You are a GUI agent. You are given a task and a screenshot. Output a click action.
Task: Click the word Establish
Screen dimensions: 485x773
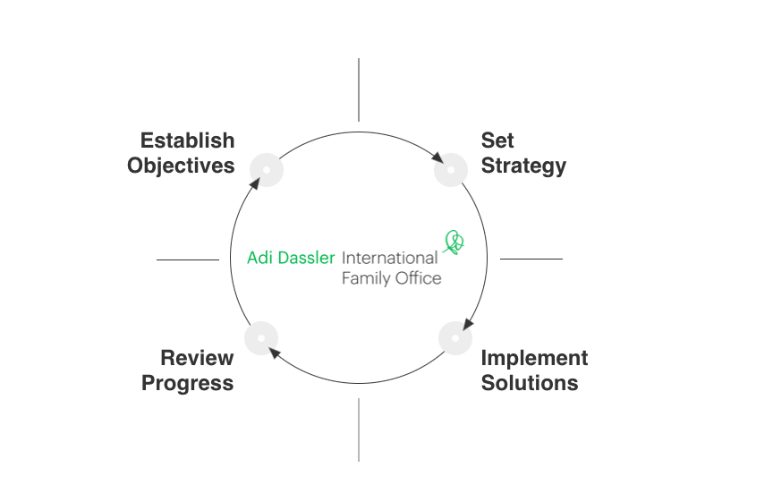(x=187, y=140)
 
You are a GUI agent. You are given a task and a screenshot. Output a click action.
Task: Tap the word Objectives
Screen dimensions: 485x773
(x=181, y=166)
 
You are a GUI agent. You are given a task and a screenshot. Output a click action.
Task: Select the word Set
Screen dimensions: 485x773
(x=497, y=140)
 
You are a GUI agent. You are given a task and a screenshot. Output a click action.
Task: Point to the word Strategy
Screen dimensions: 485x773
(x=523, y=166)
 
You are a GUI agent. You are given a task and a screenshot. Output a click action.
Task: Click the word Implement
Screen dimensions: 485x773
(x=534, y=358)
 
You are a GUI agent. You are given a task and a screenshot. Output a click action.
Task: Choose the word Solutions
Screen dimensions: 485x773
(x=530, y=383)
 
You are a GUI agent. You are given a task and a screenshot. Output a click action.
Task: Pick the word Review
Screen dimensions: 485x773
(x=197, y=358)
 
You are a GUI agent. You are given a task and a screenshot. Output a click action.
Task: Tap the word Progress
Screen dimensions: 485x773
(x=188, y=383)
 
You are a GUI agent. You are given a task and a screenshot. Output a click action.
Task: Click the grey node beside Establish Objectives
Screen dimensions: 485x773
(x=267, y=169)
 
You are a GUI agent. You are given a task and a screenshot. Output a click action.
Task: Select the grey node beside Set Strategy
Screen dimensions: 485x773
(x=451, y=170)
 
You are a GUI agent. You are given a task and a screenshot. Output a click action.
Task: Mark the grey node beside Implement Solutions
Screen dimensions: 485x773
(x=455, y=338)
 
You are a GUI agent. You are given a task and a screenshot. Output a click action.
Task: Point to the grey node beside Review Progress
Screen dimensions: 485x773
(x=260, y=337)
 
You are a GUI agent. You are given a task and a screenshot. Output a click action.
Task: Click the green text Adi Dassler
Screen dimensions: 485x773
(x=291, y=258)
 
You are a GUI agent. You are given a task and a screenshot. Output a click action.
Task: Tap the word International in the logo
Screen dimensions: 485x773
(x=389, y=258)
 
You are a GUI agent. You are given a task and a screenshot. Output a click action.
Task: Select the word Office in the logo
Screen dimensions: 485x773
(x=418, y=278)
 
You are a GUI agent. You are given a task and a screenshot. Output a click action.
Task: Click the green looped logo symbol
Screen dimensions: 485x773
(x=454, y=242)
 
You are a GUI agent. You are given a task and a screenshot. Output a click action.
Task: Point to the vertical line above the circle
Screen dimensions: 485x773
(x=359, y=89)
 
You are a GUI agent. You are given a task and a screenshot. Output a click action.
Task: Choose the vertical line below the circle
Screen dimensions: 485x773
(x=359, y=430)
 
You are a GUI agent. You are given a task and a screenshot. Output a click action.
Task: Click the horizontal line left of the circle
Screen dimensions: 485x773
(x=187, y=260)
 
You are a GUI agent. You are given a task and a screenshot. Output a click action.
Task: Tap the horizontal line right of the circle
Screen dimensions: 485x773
(x=531, y=259)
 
